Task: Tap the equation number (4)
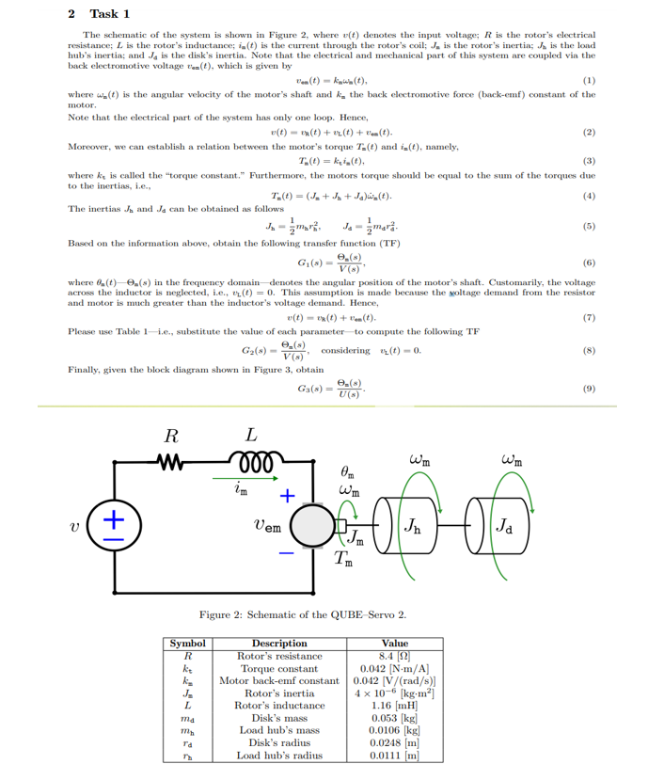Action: (589, 195)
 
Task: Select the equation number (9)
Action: (589, 388)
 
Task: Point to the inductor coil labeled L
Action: (249, 464)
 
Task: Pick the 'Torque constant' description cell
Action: (279, 668)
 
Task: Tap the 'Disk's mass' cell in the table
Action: (279, 717)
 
